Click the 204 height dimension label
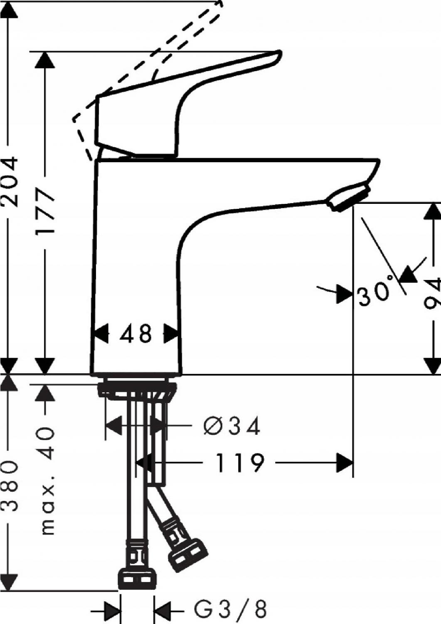pyautogui.click(x=10, y=182)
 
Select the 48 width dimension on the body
pyautogui.click(x=136, y=334)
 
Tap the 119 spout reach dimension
pyautogui.click(x=240, y=463)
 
